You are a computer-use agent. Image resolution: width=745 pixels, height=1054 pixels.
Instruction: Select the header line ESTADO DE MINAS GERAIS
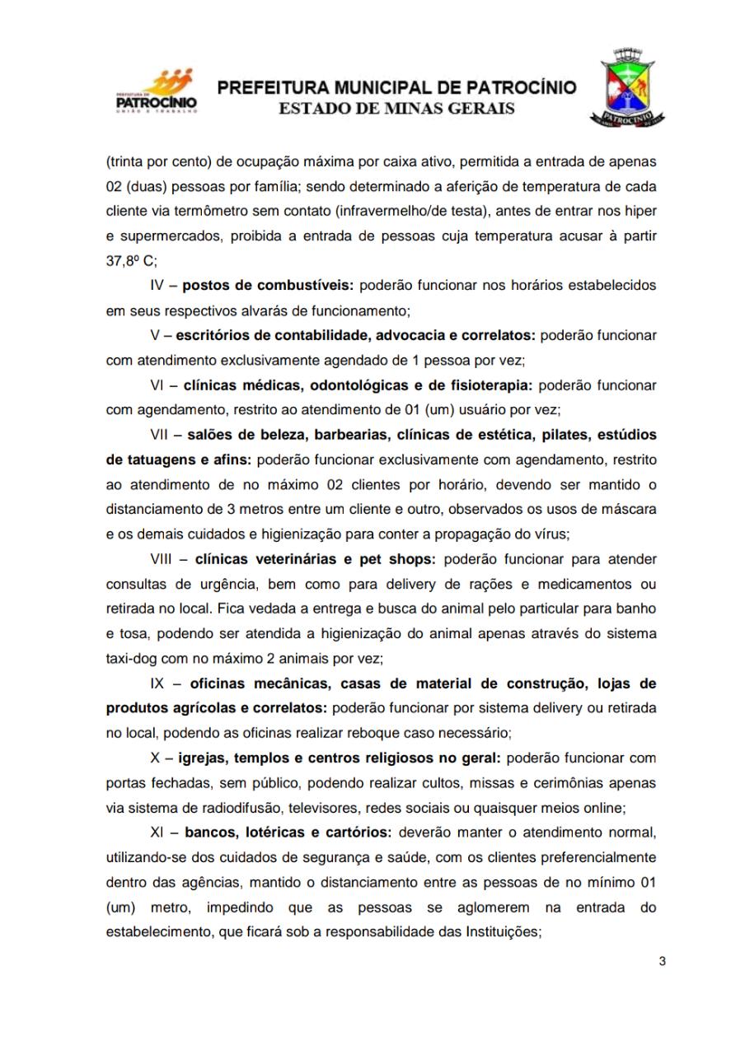pos(396,108)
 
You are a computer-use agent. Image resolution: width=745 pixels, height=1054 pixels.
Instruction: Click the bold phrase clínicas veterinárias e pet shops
pos(315,560)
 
